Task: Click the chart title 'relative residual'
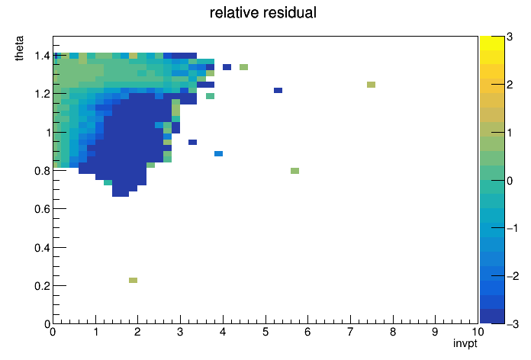tap(263, 13)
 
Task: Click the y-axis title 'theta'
tap(19, 48)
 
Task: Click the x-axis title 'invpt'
tap(465, 343)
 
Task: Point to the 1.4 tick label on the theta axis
tap(42, 56)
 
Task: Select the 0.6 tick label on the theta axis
tap(42, 209)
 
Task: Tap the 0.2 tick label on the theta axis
tap(42, 286)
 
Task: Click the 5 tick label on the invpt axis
tap(265, 332)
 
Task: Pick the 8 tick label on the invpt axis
tap(393, 332)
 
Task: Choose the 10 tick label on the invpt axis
tap(478, 332)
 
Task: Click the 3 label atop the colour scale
tap(510, 37)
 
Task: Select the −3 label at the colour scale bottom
tap(513, 324)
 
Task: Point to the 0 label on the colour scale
tap(510, 181)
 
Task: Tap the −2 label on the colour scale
tap(513, 276)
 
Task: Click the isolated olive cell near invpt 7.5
tap(371, 85)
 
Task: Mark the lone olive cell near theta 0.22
tap(133, 280)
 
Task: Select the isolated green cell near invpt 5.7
tap(294, 171)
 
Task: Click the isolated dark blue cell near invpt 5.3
tap(278, 90)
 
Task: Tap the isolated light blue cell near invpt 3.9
tap(218, 154)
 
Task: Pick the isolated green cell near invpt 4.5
tap(244, 67)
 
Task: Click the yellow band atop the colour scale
tap(492, 43)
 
